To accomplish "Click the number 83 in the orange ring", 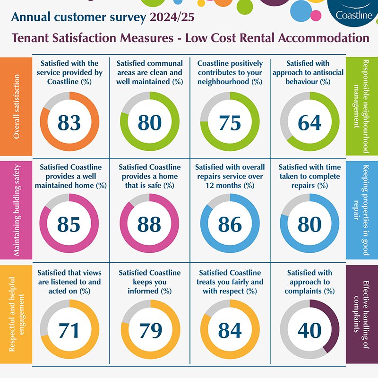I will [69, 122].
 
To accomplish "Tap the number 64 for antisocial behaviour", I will [310, 122].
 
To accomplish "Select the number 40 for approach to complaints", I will [310, 330].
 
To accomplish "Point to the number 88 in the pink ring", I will [149, 224].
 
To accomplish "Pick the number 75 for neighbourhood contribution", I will [230, 122].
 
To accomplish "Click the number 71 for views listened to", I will [69, 330].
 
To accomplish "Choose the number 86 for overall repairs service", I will [230, 224].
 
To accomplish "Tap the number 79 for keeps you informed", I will [149, 330].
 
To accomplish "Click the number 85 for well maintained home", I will [69, 224].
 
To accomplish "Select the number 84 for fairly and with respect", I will [230, 330].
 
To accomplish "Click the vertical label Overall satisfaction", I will [17, 107].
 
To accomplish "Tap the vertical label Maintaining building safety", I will [17, 210].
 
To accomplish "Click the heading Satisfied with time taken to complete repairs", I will [310, 176].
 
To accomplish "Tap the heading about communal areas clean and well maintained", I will [149, 72].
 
